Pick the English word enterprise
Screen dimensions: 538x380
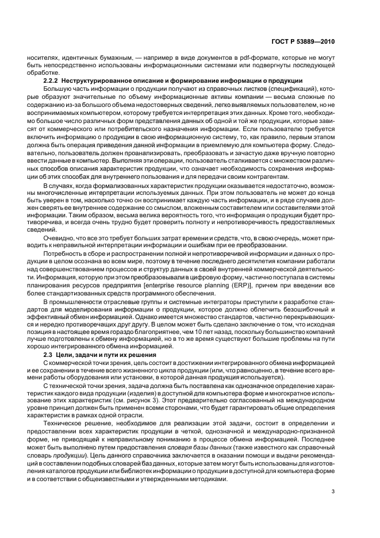tap(166, 285)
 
